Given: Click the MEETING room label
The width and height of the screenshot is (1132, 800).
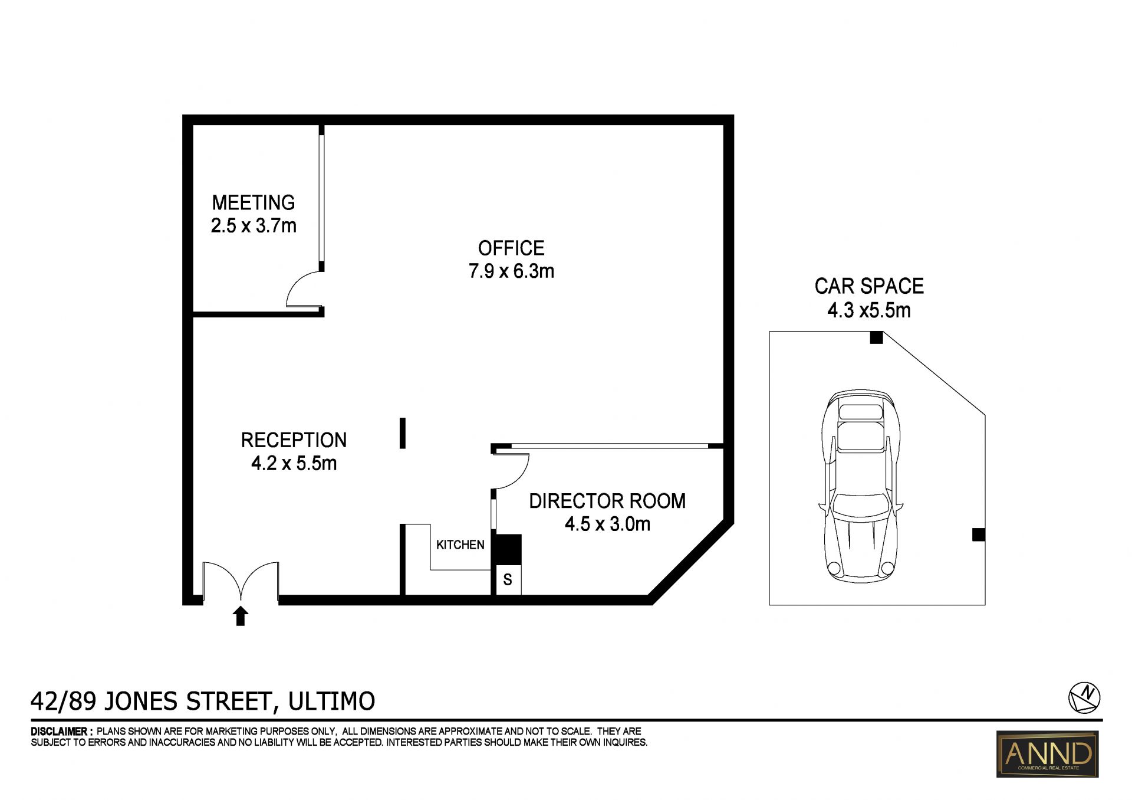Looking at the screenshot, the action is (254, 202).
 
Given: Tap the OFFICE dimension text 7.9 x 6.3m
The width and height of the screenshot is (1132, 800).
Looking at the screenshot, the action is (511, 271).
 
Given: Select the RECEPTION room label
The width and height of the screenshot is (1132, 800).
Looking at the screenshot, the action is (294, 440).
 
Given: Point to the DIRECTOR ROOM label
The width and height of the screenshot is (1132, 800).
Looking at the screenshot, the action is (607, 501).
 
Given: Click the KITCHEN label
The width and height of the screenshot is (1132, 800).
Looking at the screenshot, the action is (460, 545).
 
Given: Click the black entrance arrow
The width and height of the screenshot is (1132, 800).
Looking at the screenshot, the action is (241, 616).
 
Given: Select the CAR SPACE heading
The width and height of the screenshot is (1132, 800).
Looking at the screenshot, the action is (869, 286).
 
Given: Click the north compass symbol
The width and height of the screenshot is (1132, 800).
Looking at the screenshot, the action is (1085, 698).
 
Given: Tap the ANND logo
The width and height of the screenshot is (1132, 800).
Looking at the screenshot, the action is (1048, 754).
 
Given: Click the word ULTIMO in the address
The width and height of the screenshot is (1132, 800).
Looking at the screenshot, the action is (331, 701).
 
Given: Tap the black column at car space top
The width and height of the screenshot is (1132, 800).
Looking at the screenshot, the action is (876, 337).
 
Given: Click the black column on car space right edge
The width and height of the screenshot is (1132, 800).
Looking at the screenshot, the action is (978, 535).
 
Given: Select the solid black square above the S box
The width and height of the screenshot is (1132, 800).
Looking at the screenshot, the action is (506, 549).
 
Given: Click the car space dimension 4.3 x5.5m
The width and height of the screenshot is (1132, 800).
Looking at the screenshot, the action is (869, 310).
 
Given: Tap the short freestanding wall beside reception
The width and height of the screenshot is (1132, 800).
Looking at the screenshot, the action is (403, 433).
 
